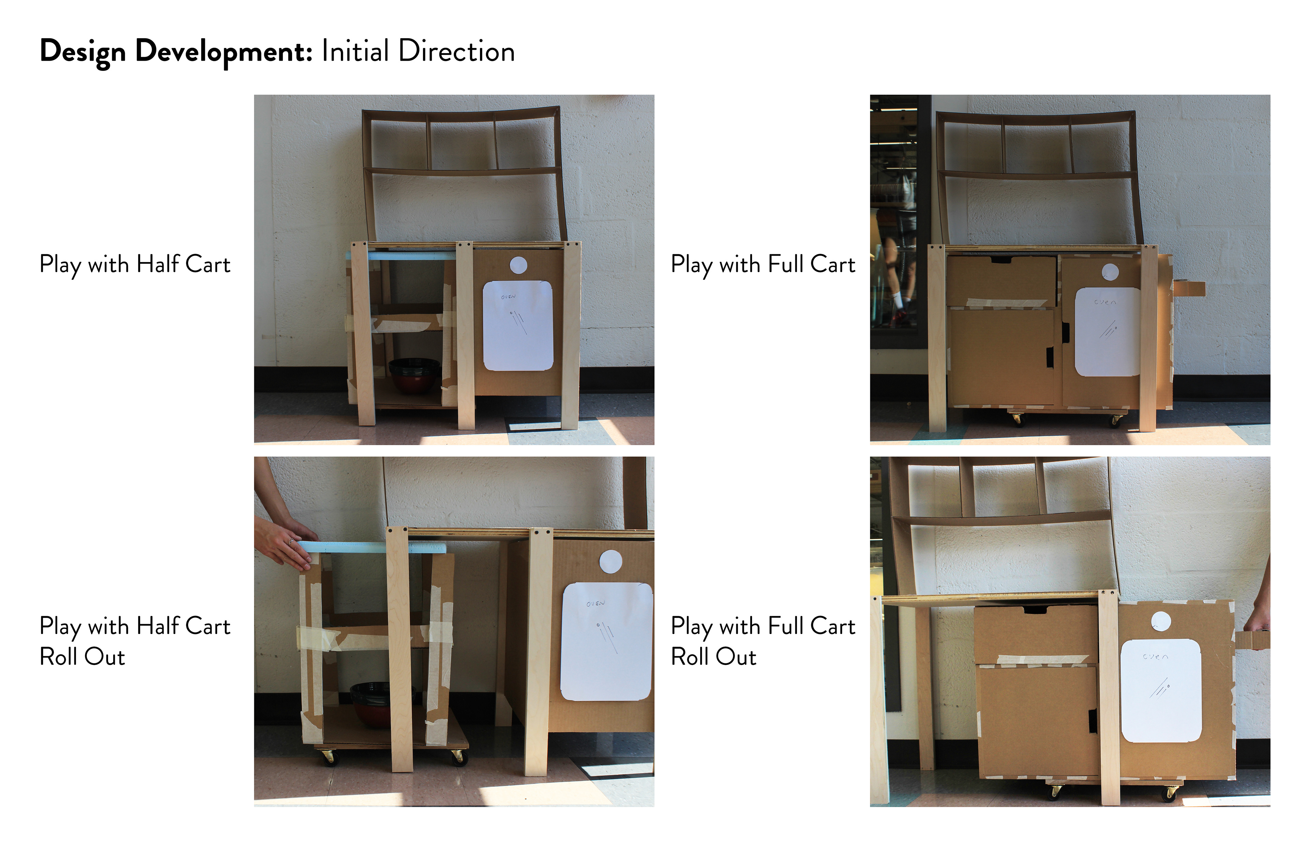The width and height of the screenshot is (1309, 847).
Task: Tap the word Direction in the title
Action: click(x=456, y=52)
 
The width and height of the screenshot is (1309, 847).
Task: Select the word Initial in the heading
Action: click(x=355, y=52)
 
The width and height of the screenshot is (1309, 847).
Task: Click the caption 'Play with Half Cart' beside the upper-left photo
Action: click(x=135, y=264)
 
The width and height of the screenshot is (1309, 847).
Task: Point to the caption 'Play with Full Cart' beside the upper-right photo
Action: click(x=763, y=264)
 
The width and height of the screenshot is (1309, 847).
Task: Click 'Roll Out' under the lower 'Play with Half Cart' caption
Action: click(x=82, y=657)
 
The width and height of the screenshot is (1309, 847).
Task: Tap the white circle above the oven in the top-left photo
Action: click(x=518, y=265)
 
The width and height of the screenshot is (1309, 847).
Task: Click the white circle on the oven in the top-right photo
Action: click(x=1110, y=272)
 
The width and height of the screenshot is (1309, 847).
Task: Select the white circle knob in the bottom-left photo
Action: click(x=611, y=562)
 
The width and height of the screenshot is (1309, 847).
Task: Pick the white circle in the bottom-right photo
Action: click(x=1161, y=621)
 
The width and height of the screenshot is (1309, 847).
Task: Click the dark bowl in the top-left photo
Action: click(x=414, y=374)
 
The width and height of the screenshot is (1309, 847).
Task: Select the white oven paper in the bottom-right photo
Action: click(x=1160, y=690)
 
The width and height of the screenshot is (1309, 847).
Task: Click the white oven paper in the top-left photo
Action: click(x=517, y=326)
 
